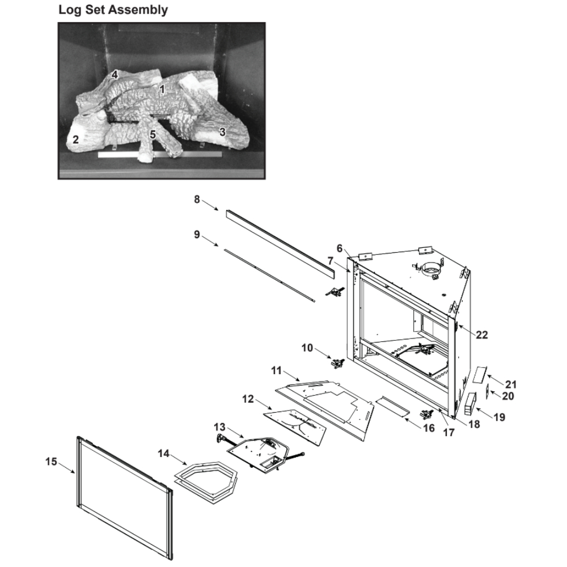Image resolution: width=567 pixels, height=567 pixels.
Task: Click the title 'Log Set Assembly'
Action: click(x=113, y=10)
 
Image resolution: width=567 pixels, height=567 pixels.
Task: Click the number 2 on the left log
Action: click(x=75, y=139)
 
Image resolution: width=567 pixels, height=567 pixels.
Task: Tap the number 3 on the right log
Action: click(x=222, y=132)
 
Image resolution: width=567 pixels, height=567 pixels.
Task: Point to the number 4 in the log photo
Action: click(x=115, y=74)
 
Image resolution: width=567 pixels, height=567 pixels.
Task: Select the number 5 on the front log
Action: click(x=153, y=134)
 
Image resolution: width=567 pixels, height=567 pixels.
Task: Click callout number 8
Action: click(x=197, y=199)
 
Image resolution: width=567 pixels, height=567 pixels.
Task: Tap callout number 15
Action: click(x=51, y=462)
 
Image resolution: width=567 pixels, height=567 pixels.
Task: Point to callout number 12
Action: click(x=248, y=399)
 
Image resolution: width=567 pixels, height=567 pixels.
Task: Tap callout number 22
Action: click(x=481, y=335)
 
